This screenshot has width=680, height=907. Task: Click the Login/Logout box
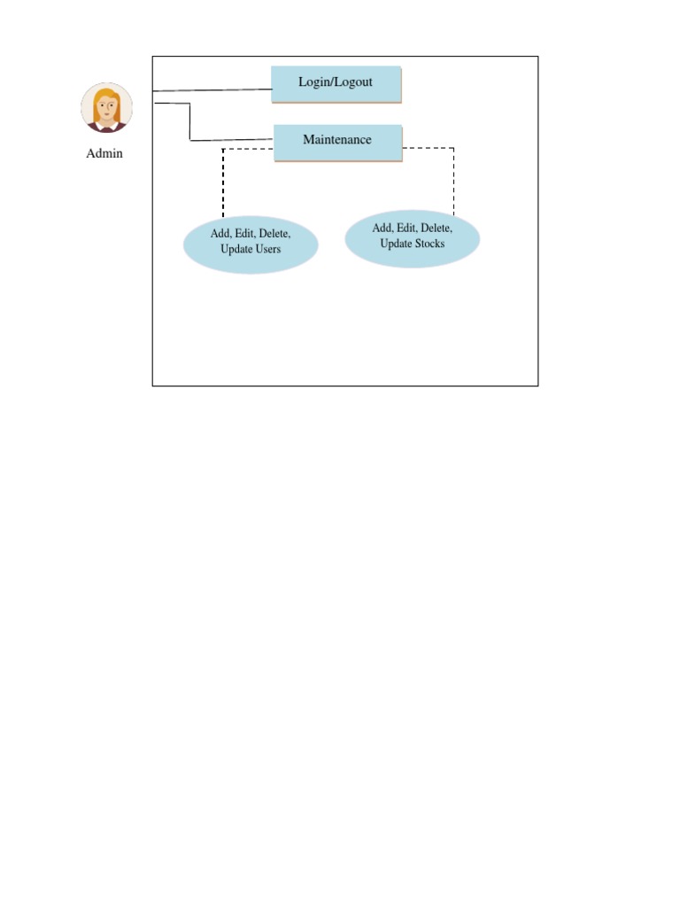[x=336, y=84]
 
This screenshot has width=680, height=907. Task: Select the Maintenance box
[x=337, y=142]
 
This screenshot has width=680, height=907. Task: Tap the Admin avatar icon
[x=106, y=108]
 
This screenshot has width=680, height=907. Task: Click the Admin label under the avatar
[x=104, y=153]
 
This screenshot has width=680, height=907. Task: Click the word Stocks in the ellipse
[x=428, y=243]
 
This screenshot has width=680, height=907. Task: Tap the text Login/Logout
[x=336, y=81]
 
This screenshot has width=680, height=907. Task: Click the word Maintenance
[x=337, y=139]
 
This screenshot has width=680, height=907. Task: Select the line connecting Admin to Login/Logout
[x=212, y=90]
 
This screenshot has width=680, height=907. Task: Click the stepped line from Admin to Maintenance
[x=190, y=124]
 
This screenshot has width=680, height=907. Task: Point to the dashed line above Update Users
[x=223, y=182]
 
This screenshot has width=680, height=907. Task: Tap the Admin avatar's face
[x=107, y=110]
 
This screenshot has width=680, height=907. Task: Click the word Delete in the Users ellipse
[x=274, y=234]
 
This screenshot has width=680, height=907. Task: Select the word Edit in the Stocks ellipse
[x=406, y=228]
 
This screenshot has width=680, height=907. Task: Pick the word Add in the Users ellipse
[x=220, y=234]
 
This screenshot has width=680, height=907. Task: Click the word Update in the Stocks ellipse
[x=395, y=243]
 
